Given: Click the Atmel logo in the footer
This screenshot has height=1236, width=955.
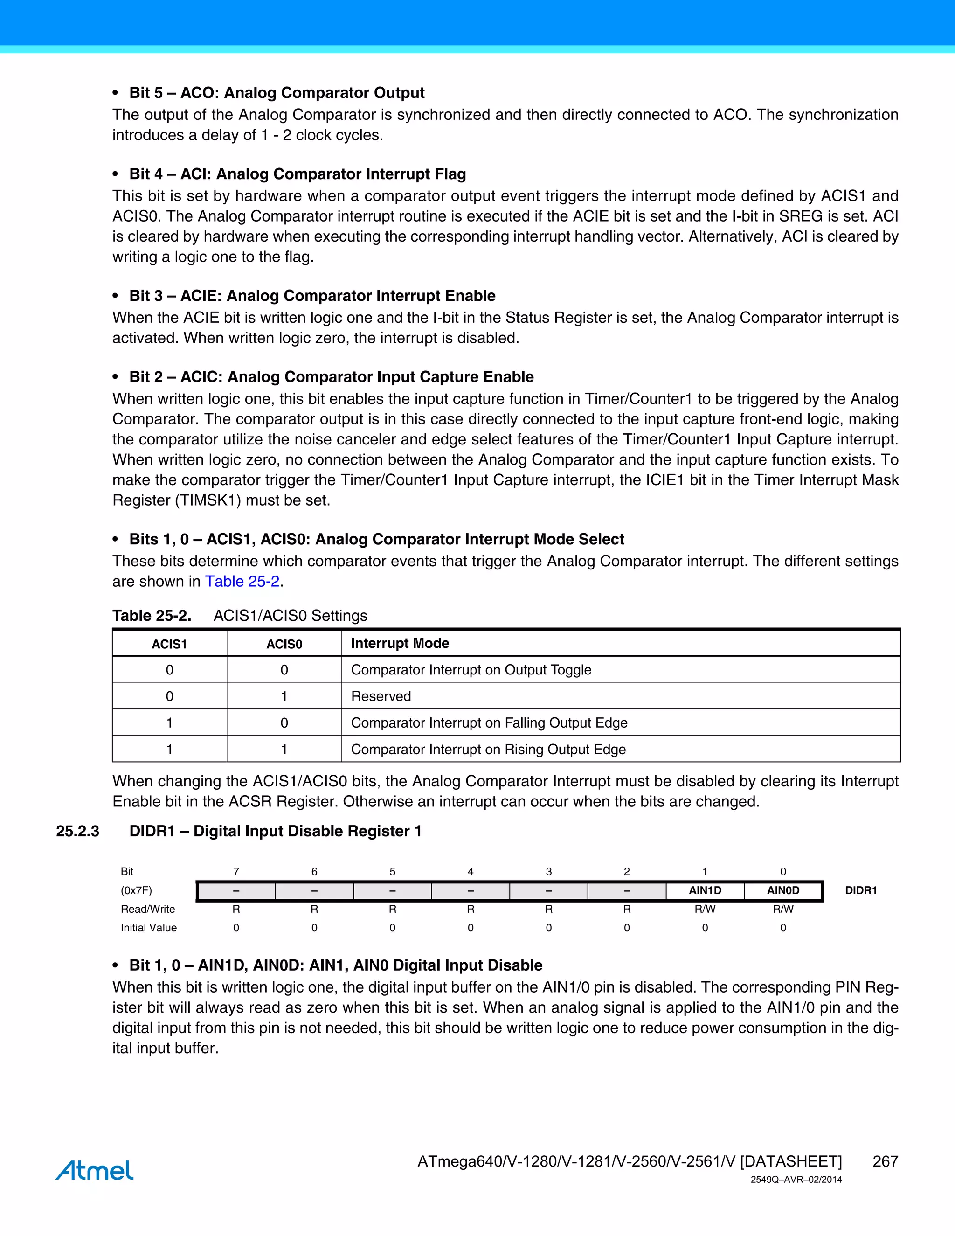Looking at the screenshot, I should [x=95, y=1170].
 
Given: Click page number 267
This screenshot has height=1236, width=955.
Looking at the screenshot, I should [x=885, y=1161].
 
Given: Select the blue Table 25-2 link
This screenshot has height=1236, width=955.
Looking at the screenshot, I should [x=242, y=581].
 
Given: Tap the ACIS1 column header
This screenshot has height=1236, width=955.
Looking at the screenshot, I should [x=169, y=644].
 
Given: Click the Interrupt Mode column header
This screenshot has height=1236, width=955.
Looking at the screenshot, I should [x=400, y=644].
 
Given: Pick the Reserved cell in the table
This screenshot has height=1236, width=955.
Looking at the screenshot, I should [x=381, y=696].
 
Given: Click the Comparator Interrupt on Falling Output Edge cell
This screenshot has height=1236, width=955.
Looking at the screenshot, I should [x=489, y=722].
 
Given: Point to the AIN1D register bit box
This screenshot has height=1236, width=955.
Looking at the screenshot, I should [x=705, y=890].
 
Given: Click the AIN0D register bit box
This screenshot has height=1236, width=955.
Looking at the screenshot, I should [x=783, y=890].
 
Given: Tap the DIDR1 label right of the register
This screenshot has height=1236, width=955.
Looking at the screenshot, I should [x=860, y=890].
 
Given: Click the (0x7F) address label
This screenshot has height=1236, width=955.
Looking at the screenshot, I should [x=136, y=890].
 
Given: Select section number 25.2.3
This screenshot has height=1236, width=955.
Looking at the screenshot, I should [x=77, y=831].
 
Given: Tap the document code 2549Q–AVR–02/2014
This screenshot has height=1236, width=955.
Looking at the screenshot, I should [x=796, y=1180].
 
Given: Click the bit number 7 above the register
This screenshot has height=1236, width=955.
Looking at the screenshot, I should [x=236, y=872].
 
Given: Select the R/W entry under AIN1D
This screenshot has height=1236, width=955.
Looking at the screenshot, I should [x=705, y=909].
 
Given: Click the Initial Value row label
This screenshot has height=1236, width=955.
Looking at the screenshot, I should [x=148, y=928].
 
